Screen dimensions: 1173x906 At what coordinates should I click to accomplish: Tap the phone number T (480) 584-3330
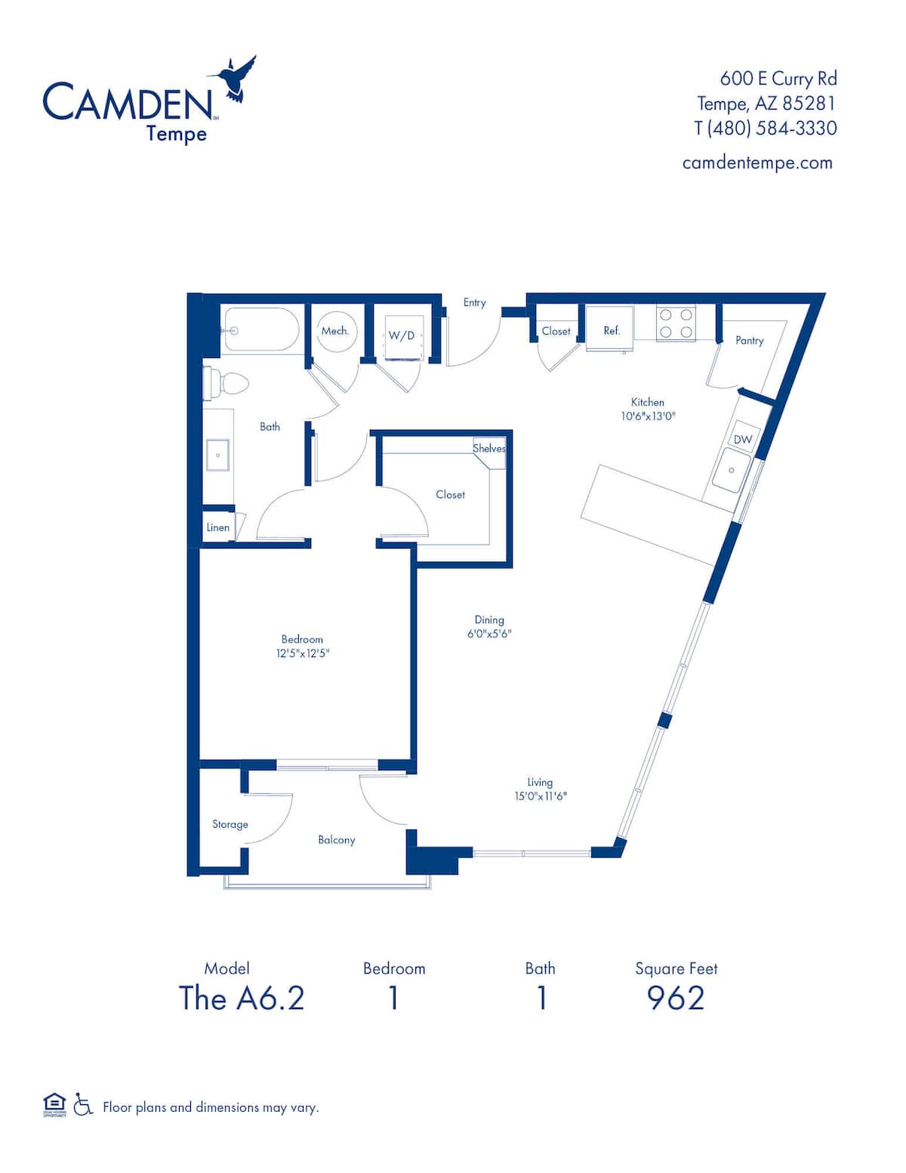[765, 128]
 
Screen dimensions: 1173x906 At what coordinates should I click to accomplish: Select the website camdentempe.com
[757, 162]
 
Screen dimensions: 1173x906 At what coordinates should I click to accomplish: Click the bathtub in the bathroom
[260, 329]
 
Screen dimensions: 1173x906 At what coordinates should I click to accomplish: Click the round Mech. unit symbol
[335, 331]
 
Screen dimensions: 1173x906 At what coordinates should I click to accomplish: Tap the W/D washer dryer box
[402, 335]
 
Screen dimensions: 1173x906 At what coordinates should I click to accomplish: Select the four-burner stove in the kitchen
[676, 323]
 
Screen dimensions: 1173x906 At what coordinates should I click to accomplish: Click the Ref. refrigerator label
[612, 331]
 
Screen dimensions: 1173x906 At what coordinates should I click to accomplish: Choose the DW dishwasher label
[742, 440]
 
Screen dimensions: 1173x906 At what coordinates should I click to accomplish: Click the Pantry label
[749, 341]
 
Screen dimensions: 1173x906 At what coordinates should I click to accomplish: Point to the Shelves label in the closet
[489, 449]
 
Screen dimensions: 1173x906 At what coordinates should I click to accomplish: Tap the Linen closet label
[217, 527]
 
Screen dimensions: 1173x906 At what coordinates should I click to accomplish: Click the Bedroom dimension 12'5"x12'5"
[303, 653]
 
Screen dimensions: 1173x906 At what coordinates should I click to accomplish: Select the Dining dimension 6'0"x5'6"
[489, 634]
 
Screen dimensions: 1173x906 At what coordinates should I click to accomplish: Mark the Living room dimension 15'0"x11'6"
[540, 796]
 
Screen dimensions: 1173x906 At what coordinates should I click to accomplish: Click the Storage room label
[230, 824]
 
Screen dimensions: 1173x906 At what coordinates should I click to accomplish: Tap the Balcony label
[336, 840]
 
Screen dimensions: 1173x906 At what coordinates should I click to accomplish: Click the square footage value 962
[676, 999]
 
